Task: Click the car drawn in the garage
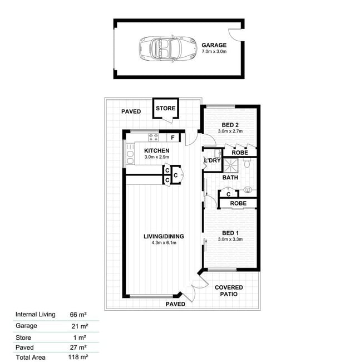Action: tap(168, 48)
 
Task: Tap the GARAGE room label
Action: tap(214, 45)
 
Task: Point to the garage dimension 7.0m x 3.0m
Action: tap(214, 51)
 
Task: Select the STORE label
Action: tap(166, 108)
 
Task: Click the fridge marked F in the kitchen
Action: tap(173, 138)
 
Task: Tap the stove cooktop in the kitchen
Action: tap(154, 137)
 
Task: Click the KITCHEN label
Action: tap(157, 151)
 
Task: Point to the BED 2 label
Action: tap(230, 125)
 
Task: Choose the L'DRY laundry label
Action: tap(213, 160)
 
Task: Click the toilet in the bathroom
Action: tap(247, 163)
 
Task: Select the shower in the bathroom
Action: tap(230, 165)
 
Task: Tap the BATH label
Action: tap(230, 178)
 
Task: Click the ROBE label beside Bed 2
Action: tap(240, 153)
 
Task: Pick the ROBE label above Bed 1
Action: tap(238, 203)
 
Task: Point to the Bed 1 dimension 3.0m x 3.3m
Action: tap(230, 239)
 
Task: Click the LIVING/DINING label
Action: tap(164, 236)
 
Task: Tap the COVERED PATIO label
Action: tap(229, 291)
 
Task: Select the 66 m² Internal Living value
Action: tap(78, 315)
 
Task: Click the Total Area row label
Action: tap(31, 358)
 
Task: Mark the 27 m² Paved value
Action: tap(78, 348)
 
